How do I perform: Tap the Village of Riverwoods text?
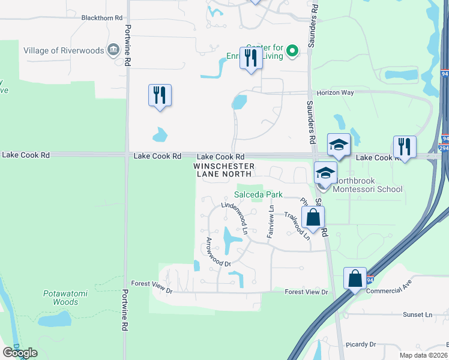pos(64,51)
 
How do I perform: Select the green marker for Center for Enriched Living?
pos(292,51)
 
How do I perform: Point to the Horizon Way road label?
pos(337,93)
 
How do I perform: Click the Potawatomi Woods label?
pos(61,298)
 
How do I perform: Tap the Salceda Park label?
pos(258,194)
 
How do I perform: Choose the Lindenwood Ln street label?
pos(234,214)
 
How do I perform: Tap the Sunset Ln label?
pos(417,314)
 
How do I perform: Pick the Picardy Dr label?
pos(361,344)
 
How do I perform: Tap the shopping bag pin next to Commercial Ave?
pos(355,278)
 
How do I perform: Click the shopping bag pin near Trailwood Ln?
pos(313,217)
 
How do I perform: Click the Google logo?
pos(20,353)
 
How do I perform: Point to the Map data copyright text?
pos(424,355)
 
